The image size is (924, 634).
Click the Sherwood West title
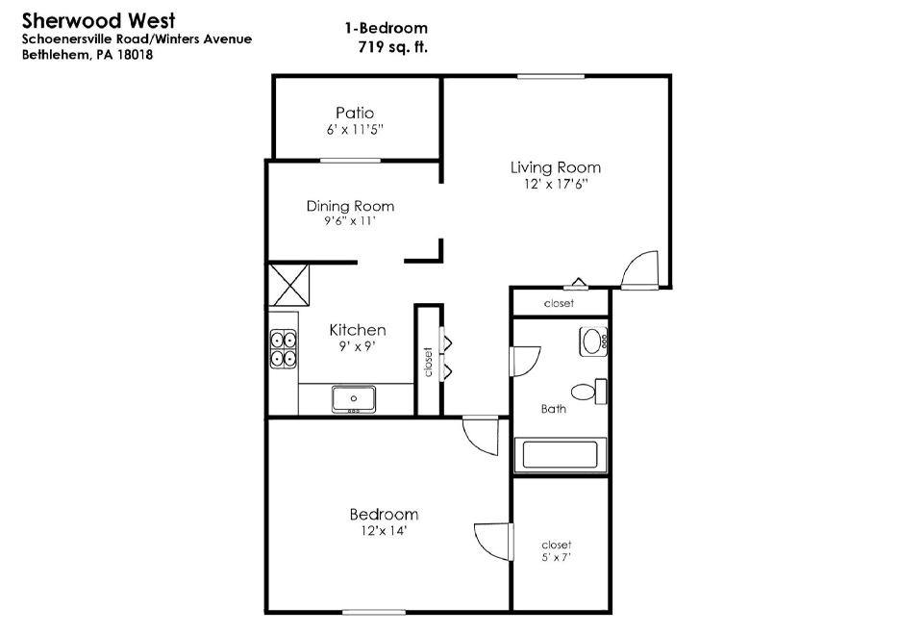(98, 20)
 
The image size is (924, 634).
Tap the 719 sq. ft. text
(392, 46)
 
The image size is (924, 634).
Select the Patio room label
(355, 112)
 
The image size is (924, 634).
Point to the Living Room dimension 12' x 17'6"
(556, 184)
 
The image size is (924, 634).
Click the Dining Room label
(350, 206)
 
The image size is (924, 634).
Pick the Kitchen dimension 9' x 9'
(357, 346)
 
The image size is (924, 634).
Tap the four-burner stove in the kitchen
(284, 349)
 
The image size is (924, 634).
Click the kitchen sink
(354, 399)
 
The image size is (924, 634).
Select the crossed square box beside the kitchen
(288, 285)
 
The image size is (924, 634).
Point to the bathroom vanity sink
(593, 342)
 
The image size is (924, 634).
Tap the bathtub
(561, 455)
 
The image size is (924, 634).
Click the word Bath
(553, 409)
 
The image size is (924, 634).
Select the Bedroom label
(384, 515)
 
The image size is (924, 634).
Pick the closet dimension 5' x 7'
(557, 557)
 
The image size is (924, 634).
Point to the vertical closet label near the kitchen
(428, 362)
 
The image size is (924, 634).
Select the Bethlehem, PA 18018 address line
(87, 55)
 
